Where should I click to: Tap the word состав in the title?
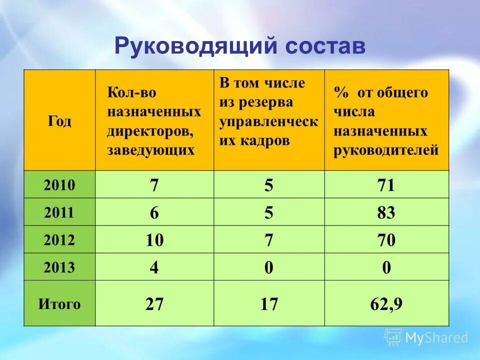325,46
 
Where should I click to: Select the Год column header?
59,121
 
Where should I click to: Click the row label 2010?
59,185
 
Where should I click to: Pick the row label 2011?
59,213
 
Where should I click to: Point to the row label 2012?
59,240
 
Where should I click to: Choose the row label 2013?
59,267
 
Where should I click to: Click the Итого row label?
59,304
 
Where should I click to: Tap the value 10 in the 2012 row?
154,241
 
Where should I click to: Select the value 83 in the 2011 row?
386,213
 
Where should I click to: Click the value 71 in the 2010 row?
386,186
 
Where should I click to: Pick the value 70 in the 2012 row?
386,241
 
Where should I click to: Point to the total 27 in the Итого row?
154,304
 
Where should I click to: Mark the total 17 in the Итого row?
269,304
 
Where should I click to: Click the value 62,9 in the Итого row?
386,304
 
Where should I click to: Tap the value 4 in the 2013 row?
154,268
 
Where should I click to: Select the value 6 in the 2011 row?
154,213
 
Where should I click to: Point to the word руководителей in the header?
386,150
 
